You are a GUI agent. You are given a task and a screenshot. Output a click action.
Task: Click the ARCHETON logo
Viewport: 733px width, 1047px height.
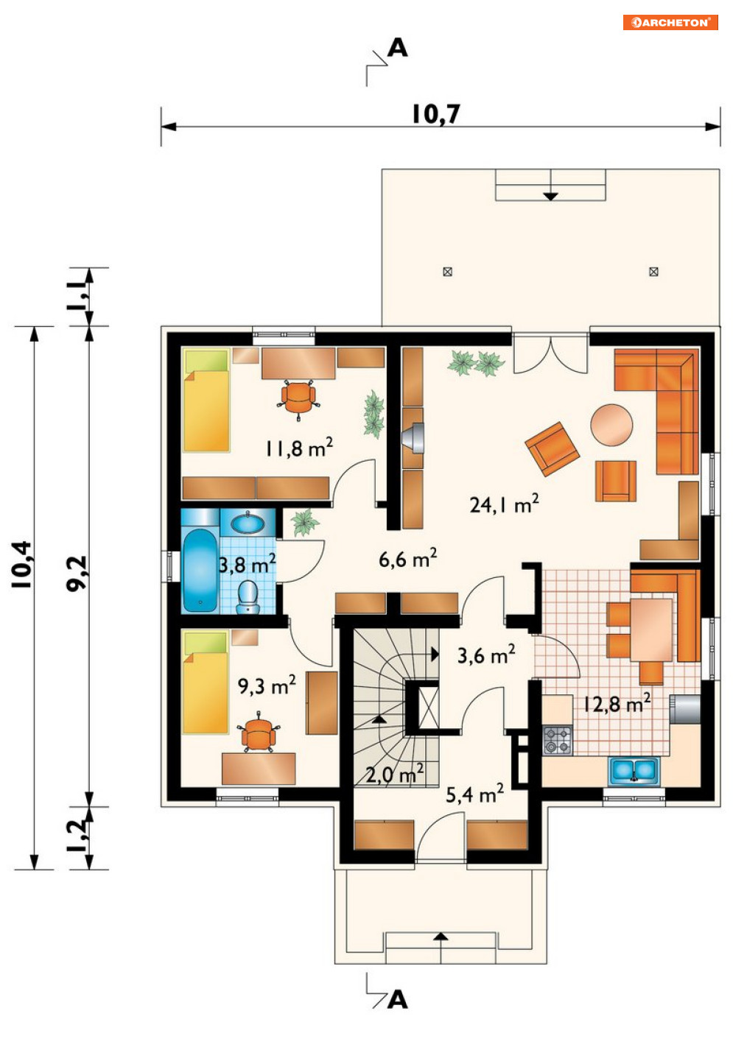pos(670,22)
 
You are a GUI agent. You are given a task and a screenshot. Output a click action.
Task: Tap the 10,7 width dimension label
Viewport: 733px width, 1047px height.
pos(436,114)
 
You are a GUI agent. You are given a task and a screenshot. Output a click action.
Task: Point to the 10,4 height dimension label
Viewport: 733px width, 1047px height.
pos(22,565)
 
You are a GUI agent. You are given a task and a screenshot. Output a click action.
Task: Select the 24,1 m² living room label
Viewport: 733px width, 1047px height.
pos(504,504)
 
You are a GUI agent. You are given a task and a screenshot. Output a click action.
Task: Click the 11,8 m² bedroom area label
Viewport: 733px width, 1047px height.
pos(299,448)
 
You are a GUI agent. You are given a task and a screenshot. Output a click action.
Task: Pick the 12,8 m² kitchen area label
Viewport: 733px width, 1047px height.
pos(617,704)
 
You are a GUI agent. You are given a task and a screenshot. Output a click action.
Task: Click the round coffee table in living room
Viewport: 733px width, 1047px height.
pos(611,424)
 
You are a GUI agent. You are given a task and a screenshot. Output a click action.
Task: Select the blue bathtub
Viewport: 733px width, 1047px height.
pos(200,571)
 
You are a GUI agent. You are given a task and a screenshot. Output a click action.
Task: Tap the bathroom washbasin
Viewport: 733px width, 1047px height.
pos(248,523)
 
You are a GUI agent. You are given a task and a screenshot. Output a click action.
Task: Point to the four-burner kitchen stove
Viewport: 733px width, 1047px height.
pos(557,740)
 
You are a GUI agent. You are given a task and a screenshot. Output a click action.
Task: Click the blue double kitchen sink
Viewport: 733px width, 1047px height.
pos(634,771)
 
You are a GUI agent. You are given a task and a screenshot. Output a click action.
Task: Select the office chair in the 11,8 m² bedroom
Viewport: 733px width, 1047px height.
pos(298,399)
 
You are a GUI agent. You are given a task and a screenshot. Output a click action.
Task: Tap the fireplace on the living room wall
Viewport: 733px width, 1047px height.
pos(413,438)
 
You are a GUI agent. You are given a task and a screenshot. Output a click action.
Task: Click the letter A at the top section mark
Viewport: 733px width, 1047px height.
pos(398,48)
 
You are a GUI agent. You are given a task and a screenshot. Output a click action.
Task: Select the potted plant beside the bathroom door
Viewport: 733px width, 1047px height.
pos(305,523)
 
